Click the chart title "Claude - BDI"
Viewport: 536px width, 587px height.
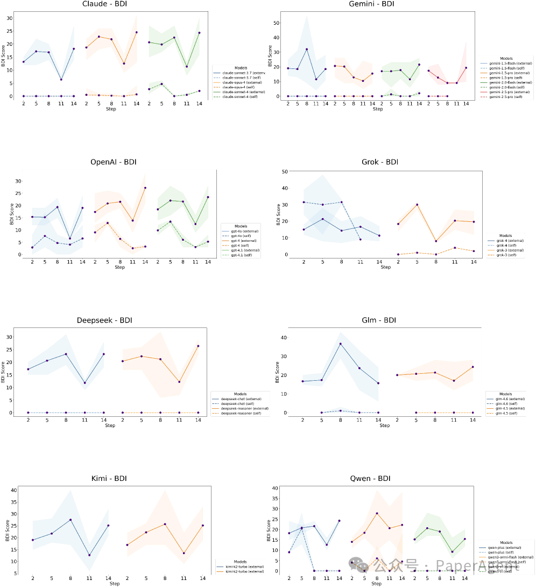[x=105, y=5]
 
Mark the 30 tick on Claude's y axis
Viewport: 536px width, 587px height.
[x=9, y=18]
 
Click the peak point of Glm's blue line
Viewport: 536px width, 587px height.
[x=340, y=344]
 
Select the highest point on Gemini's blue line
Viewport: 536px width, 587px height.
[x=307, y=50]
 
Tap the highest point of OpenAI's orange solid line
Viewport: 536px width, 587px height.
[x=145, y=188]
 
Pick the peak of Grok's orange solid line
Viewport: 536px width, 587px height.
[x=417, y=205]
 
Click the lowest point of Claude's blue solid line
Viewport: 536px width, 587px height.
[x=61, y=80]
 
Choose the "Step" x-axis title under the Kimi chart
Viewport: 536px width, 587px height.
[x=114, y=584]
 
